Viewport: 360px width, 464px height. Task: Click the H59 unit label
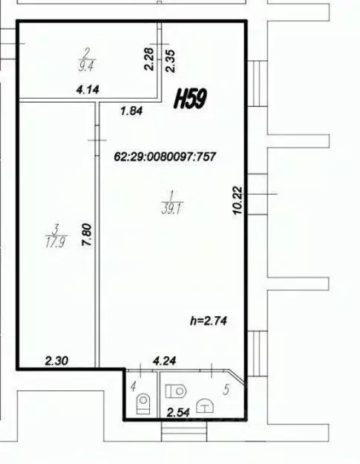190,99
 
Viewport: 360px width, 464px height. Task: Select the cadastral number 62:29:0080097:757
165,157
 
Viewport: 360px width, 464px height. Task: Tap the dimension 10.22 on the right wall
238,200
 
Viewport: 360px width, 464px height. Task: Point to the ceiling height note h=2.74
209,321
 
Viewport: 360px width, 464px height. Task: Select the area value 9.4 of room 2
86,66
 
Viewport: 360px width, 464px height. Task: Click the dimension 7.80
88,235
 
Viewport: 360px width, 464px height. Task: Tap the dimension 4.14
88,89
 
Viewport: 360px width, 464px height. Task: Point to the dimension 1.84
131,111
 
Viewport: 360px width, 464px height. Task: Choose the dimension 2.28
149,59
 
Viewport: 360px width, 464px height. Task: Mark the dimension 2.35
171,61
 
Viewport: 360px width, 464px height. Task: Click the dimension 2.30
56,361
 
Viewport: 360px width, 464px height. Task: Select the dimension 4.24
165,361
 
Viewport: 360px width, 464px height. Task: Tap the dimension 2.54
178,412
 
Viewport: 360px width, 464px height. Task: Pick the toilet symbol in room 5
176,391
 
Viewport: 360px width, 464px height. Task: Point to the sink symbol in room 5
205,405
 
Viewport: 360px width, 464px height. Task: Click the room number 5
226,390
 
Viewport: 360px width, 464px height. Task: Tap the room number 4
134,386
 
